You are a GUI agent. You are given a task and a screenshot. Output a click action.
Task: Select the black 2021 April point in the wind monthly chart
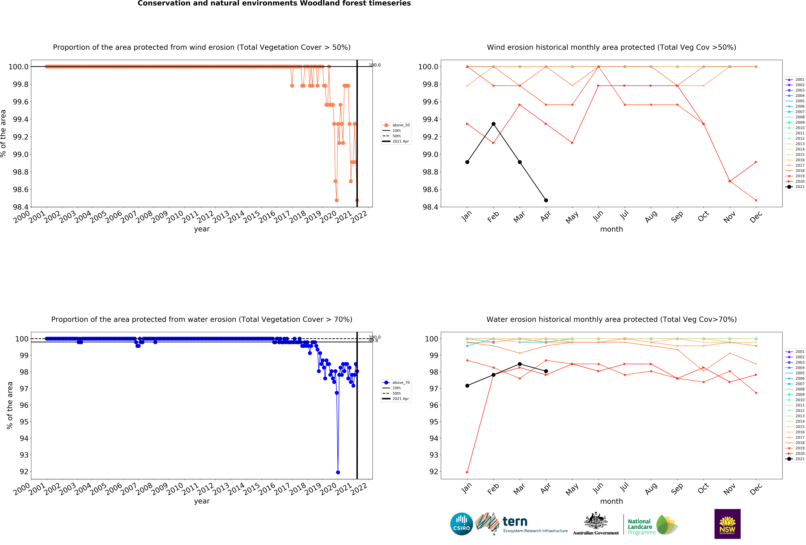546,200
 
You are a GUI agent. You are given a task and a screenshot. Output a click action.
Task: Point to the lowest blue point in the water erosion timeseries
338,472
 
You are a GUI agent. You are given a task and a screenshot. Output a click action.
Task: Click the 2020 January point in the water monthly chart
467,472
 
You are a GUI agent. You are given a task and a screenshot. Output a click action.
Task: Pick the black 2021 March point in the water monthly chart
520,364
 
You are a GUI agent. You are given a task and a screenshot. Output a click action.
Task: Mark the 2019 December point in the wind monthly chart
756,200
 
